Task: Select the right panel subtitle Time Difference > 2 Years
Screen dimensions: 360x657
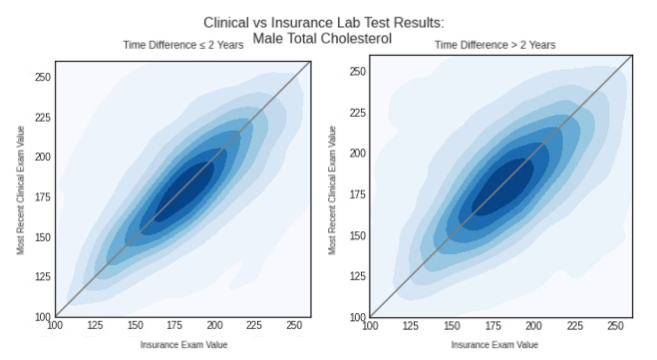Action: [495, 45]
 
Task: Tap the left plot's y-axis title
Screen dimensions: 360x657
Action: [20, 190]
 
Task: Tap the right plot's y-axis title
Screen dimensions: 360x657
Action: [332, 190]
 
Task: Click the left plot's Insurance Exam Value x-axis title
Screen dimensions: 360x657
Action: [183, 345]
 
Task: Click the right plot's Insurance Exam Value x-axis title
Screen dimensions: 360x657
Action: [495, 345]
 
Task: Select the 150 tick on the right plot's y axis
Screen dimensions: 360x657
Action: [357, 236]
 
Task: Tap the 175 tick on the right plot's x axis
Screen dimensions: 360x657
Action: [492, 326]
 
